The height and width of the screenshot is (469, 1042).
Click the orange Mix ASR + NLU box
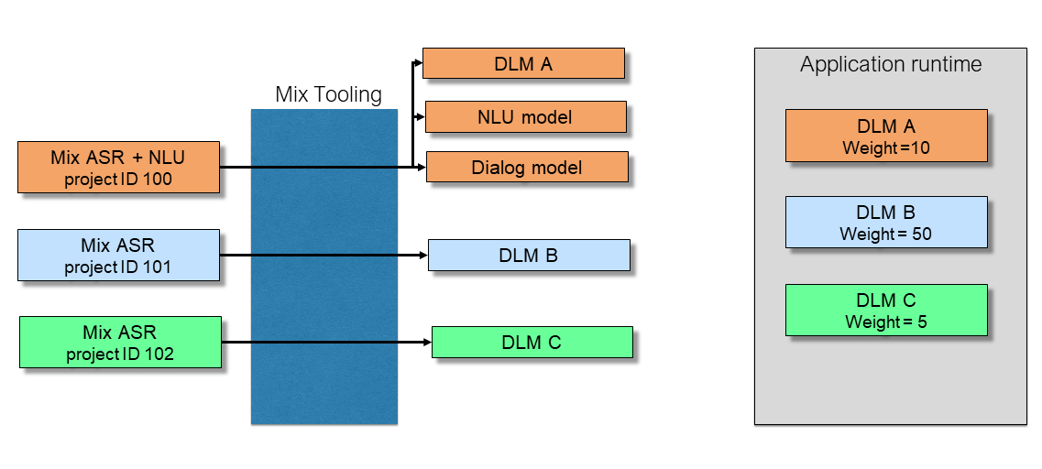118,167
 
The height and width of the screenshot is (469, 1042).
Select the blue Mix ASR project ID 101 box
118,255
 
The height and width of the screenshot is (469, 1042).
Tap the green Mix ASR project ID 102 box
120,342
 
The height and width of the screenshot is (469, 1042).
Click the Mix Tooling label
328,94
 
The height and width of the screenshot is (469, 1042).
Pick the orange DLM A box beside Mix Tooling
523,63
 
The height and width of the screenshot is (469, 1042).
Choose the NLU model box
525,116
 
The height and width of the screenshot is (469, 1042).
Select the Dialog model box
527,167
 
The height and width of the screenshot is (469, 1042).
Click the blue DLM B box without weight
529,255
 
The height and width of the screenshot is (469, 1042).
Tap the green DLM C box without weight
532,342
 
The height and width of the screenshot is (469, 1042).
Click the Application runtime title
890,64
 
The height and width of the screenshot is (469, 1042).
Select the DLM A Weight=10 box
886,136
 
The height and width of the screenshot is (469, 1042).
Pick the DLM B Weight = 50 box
886,223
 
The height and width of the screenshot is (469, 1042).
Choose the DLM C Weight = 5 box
886,310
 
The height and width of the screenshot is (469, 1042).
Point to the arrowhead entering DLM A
418,63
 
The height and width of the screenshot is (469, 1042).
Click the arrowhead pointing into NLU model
421,116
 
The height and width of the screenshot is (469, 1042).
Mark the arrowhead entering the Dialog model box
422,167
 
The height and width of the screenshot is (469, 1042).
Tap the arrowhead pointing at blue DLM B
423,255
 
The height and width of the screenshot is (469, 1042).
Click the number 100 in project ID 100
158,179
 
